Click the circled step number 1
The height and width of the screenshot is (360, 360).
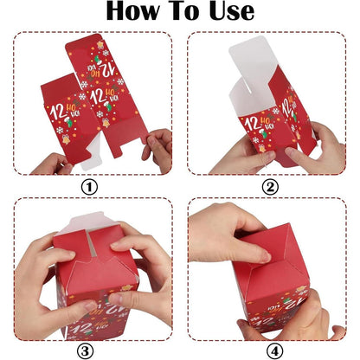click(89, 185)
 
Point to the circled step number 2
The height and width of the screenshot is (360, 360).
click(270, 185)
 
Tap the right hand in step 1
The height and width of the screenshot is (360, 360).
click(158, 147)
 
